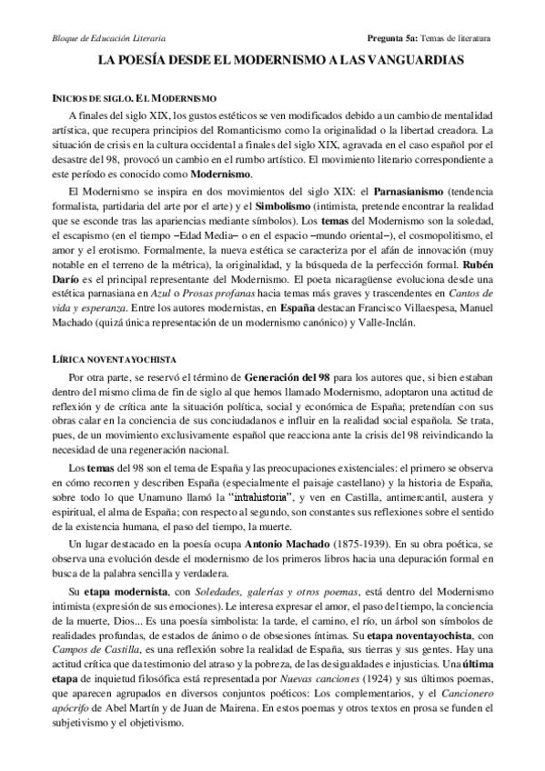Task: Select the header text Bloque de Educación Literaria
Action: (94, 39)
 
